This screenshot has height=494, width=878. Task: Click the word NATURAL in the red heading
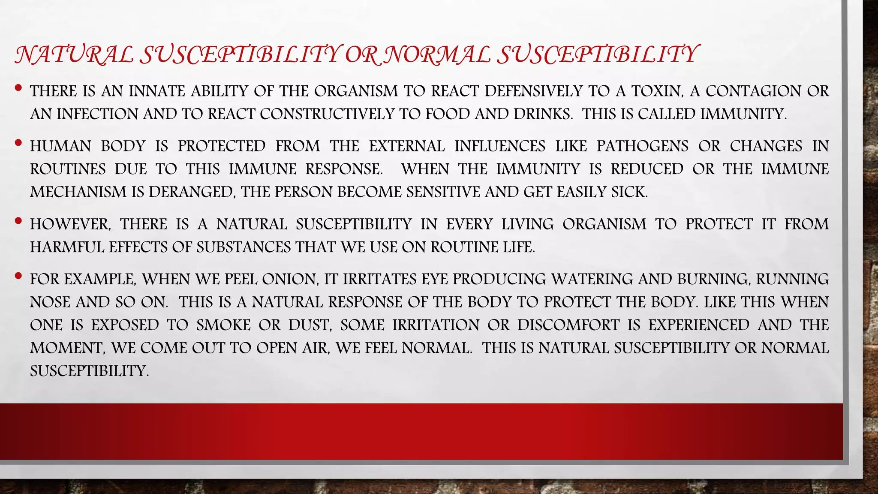click(74, 55)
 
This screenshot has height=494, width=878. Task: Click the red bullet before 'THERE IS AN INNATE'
click(18, 88)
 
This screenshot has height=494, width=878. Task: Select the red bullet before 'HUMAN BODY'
click(18, 144)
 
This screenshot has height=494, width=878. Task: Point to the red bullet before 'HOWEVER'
click(18, 222)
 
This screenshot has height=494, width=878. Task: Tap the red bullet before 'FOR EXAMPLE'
click(18, 277)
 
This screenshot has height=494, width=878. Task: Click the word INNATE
click(157, 91)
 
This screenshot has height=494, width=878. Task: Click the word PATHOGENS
click(642, 146)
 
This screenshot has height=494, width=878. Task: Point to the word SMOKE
click(223, 325)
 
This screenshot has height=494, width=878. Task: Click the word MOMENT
click(67, 348)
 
